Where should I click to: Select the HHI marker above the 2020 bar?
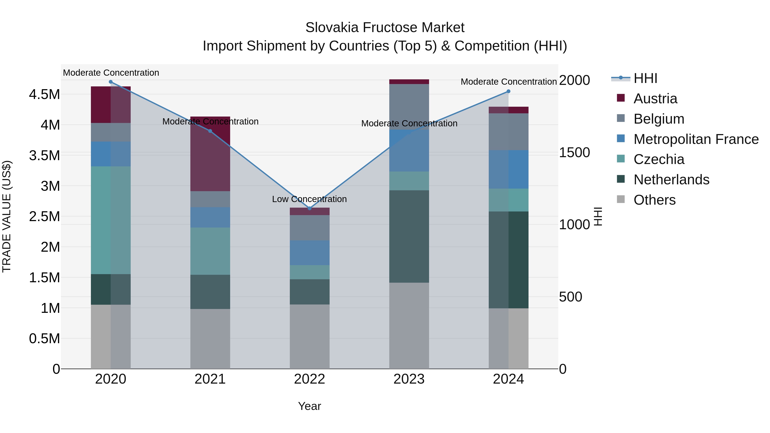click(111, 82)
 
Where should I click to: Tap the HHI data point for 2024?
click(508, 92)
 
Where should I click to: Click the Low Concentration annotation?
click(309, 199)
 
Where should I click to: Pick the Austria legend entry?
click(655, 99)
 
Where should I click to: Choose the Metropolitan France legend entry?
click(696, 139)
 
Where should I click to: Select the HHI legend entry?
click(645, 78)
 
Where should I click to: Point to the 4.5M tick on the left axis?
click(44, 95)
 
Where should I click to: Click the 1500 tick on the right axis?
click(574, 153)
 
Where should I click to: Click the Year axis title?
click(309, 406)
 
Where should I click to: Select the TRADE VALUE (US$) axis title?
click(7, 216)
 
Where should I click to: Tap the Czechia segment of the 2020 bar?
click(111, 220)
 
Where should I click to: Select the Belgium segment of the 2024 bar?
click(508, 132)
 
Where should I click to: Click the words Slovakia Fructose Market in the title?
click(385, 28)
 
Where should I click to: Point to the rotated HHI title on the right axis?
click(598, 216)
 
